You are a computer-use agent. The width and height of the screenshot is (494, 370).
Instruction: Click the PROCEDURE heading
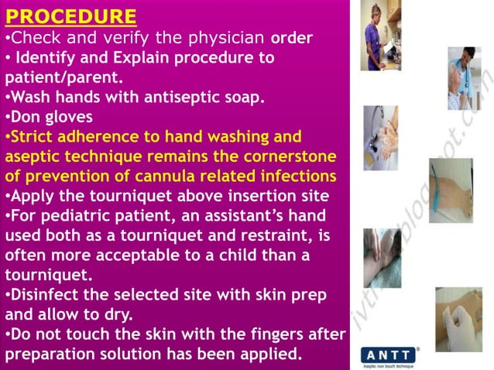click(70, 16)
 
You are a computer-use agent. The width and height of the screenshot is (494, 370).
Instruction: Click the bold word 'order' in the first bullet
click(290, 37)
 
